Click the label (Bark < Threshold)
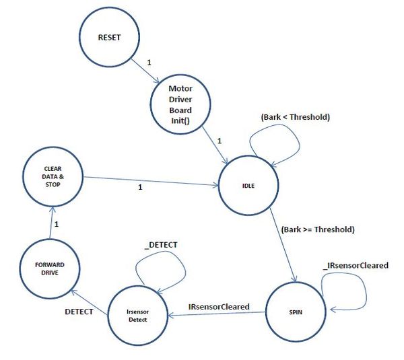coord(296,117)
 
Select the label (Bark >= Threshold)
coord(318,229)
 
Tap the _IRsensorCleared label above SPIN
coord(356,266)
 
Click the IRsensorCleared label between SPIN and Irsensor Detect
coord(219,307)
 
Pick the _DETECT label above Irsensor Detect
coord(161,245)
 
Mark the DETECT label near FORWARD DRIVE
coord(79,312)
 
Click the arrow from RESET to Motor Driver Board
coord(145,71)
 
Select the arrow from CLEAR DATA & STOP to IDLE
coord(151,181)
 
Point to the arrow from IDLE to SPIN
coord(283,245)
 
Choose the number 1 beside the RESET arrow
coord(149,63)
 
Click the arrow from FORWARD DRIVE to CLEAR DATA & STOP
coord(51,223)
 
